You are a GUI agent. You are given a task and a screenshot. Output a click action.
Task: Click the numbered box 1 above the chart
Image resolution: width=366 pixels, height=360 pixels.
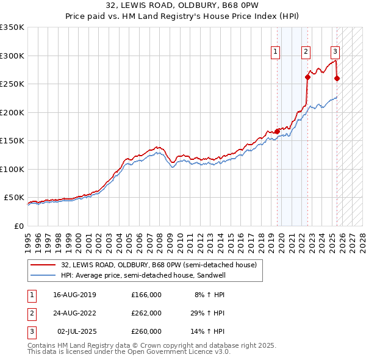pos(276,52)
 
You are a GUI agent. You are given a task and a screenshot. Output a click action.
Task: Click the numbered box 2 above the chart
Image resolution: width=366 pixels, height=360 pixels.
pos(305,52)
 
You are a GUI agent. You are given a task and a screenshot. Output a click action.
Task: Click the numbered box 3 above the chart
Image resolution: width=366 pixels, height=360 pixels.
pos(335,52)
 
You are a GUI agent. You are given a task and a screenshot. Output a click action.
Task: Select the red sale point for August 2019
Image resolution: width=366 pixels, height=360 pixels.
pos(277,131)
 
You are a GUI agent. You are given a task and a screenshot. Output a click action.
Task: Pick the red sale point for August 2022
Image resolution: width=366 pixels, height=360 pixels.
pos(307,77)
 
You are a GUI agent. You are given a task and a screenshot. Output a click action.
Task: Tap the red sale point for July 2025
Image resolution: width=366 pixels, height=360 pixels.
pos(337,78)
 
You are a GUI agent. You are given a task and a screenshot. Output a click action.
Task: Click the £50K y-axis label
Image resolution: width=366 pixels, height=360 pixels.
pos(14,198)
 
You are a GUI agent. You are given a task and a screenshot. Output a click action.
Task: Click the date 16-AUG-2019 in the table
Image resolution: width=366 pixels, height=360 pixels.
pos(75,295)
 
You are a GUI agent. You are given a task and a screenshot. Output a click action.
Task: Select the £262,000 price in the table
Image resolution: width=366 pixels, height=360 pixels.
pos(146,313)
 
